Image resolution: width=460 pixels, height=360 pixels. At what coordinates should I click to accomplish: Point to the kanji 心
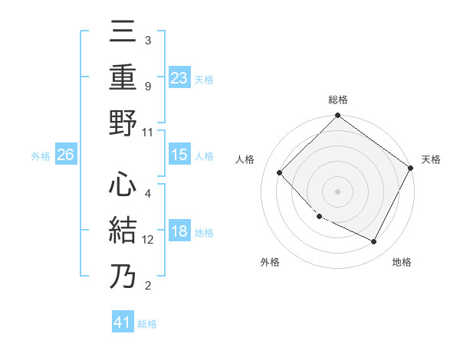pyautogui.click(x=123, y=186)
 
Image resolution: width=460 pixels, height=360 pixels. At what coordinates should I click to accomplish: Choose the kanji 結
pyautogui.click(x=123, y=231)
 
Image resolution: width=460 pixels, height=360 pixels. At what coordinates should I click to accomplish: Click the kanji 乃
pyautogui.click(x=123, y=277)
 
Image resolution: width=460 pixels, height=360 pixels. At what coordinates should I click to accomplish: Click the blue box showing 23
pyautogui.click(x=179, y=77)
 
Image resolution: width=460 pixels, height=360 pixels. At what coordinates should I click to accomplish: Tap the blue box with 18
pyautogui.click(x=179, y=232)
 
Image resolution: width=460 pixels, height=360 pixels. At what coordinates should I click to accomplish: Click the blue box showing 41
pyautogui.click(x=123, y=322)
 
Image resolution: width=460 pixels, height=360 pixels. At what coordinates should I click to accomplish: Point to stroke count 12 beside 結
pyautogui.click(x=148, y=239)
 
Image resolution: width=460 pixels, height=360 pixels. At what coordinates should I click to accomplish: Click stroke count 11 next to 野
pyautogui.click(x=148, y=131)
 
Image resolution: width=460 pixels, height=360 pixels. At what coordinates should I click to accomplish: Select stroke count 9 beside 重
pyautogui.click(x=148, y=86)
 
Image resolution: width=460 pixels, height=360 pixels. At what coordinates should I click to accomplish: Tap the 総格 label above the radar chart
pyautogui.click(x=337, y=100)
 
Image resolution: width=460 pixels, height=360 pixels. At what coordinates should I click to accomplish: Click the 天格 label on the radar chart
pyautogui.click(x=432, y=159)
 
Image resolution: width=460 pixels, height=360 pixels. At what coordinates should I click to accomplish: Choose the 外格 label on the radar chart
pyautogui.click(x=270, y=262)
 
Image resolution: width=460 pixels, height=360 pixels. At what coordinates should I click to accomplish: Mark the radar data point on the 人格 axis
pyautogui.click(x=280, y=173)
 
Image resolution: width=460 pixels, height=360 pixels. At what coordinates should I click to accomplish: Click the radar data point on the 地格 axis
pyautogui.click(x=374, y=242)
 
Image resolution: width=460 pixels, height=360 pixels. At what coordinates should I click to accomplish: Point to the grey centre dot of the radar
pyautogui.click(x=337, y=191)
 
